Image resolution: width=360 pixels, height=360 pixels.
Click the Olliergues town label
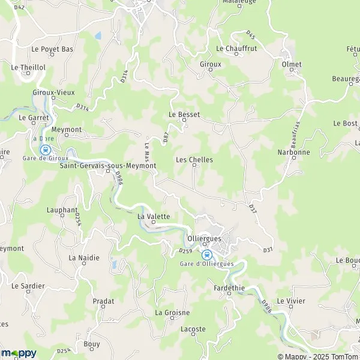coord(205,238)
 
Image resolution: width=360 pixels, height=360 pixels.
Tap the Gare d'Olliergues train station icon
coord(206,254)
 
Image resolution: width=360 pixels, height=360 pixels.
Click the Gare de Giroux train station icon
coord(44,149)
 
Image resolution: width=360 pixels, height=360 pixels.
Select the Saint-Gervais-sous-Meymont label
coord(107,166)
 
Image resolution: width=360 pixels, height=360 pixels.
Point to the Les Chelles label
coord(194,160)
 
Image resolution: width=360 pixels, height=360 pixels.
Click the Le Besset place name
coord(184,113)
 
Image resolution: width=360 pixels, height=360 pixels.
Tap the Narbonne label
coord(293,152)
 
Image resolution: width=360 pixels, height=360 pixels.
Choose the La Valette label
coord(154,216)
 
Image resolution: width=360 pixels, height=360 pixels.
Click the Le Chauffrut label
coord(236,49)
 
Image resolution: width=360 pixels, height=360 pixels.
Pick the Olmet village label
coord(292,64)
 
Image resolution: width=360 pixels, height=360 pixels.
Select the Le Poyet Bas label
coord(53,49)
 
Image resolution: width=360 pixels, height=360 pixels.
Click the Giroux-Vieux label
coord(49,92)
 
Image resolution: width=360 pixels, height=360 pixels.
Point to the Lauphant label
coord(62,210)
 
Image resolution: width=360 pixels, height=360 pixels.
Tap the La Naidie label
coord(83,257)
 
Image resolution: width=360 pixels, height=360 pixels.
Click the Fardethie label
coord(229,288)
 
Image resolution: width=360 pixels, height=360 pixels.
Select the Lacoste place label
coord(193,329)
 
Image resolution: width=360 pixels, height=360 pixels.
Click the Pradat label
coord(103,301)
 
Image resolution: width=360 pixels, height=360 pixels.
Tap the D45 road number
coord(250,35)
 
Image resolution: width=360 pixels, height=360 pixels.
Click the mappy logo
coord(19,353)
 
